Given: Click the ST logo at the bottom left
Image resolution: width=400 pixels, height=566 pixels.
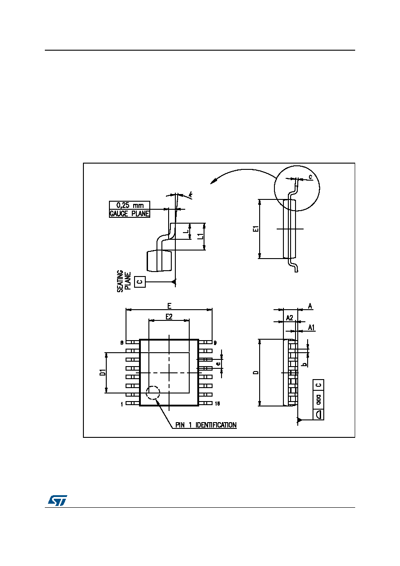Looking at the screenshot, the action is [x=57, y=500].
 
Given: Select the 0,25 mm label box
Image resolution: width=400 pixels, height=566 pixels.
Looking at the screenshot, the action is [x=130, y=205].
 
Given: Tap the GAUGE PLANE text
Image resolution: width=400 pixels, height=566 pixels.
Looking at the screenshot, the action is [x=130, y=213].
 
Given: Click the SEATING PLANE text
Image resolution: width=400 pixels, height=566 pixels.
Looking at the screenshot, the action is [x=124, y=281].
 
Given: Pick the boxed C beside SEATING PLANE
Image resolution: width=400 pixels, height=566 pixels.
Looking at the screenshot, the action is [x=140, y=281].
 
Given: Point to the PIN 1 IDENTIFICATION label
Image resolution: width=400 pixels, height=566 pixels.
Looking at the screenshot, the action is [x=206, y=425].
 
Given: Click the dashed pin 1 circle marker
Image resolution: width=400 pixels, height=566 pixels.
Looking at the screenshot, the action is [x=153, y=393].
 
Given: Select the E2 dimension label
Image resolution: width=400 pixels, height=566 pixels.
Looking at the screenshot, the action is [x=169, y=316].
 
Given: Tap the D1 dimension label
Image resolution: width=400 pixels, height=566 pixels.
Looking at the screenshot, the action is [x=103, y=372].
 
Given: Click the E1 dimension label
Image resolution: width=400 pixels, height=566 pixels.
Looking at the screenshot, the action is [x=256, y=229].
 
